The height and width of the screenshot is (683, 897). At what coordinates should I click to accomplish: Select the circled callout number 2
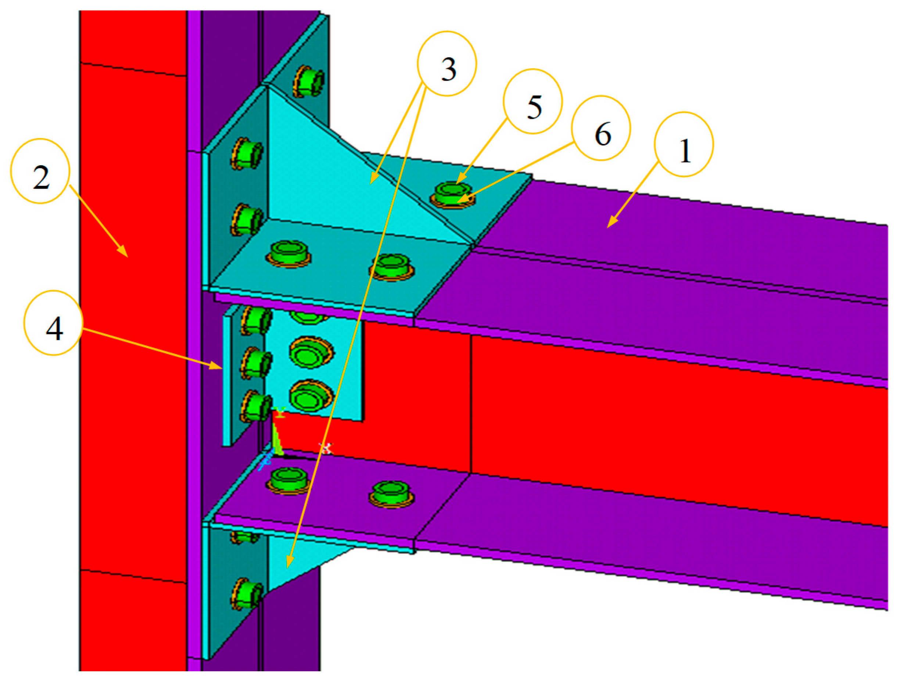click(x=40, y=171)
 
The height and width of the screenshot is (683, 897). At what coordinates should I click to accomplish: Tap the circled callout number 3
click(x=447, y=64)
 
